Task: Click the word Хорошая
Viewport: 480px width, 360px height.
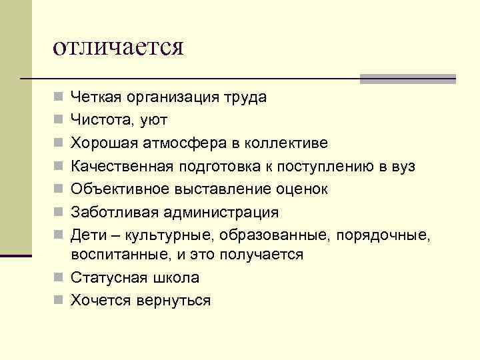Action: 103,143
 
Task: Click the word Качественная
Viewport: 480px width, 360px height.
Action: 120,166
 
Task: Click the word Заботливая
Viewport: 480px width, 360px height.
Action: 111,212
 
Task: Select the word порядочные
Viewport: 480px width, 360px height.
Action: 384,235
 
